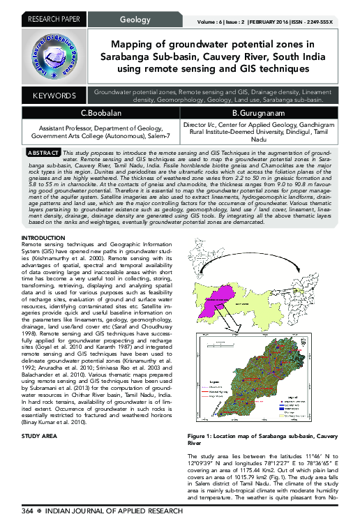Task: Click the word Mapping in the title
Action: (135, 43)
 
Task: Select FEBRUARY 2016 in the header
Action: (295, 22)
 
